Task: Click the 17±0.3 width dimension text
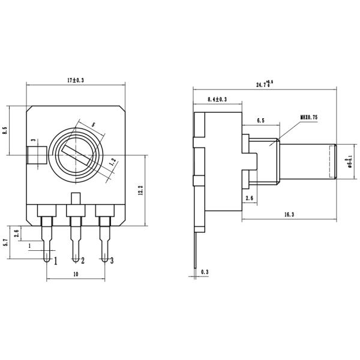coord(76,79)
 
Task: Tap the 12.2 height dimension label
coord(139,190)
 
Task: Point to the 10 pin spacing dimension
coord(76,274)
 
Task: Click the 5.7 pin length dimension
coord(5,243)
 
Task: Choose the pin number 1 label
coord(56,261)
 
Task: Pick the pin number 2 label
coord(82,261)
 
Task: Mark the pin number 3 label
coord(112,261)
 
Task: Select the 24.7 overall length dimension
coord(264,84)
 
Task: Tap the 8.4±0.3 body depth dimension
coord(217,99)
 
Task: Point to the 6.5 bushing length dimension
coord(260,121)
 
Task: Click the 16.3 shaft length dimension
coord(288,214)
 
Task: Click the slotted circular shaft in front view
coord(77,155)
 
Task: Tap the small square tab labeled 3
coord(37,155)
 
